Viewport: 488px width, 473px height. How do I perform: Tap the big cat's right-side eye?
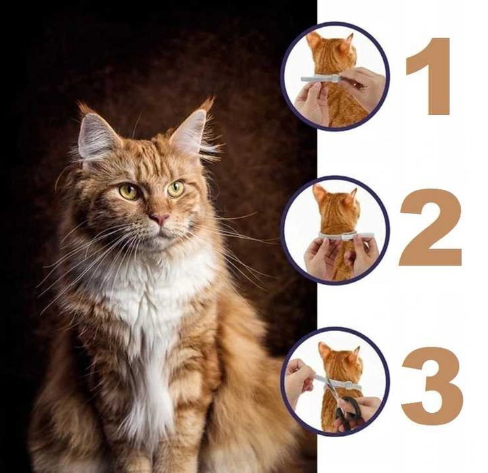tap(176, 188)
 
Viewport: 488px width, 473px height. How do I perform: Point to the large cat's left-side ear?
tap(96, 134)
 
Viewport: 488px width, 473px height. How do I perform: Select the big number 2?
tap(431, 227)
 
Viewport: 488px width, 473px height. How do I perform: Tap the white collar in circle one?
tap(321, 78)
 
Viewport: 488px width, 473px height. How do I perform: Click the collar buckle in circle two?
tap(347, 236)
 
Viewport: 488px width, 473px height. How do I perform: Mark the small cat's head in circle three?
tap(340, 361)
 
